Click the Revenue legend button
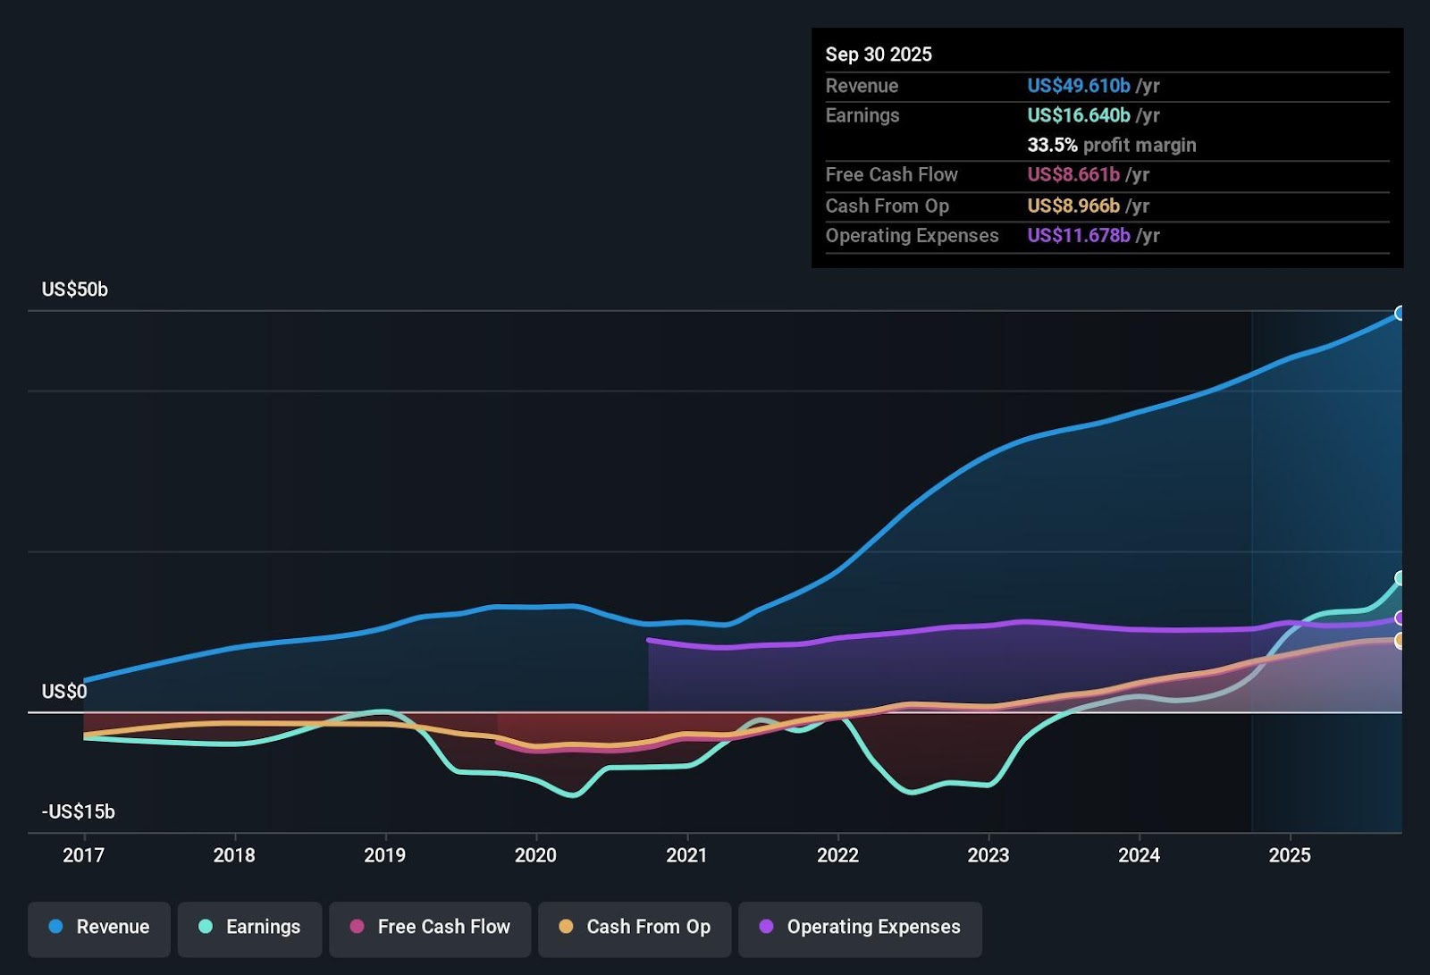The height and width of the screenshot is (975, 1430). (x=99, y=928)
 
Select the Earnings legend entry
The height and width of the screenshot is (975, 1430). (x=250, y=928)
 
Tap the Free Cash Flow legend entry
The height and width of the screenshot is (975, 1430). (x=430, y=928)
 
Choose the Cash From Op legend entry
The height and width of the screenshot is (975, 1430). (x=635, y=928)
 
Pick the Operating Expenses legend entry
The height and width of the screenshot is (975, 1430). (x=860, y=928)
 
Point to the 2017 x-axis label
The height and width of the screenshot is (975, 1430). (x=83, y=855)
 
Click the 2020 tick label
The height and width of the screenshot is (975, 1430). (x=535, y=855)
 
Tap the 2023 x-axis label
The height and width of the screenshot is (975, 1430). (x=988, y=855)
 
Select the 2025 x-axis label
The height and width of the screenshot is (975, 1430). (x=1290, y=855)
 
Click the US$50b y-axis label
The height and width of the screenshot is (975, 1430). (x=74, y=290)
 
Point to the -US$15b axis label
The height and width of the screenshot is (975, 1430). (x=78, y=811)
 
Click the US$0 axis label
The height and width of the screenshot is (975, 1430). (x=64, y=692)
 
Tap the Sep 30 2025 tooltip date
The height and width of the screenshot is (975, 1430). (x=878, y=55)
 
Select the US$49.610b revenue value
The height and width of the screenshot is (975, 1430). (x=1078, y=86)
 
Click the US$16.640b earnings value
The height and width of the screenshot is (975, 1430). (x=1078, y=115)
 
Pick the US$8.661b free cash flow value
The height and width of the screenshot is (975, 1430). (x=1072, y=175)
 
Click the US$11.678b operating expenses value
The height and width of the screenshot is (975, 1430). (x=1078, y=236)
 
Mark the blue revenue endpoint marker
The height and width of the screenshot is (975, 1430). (x=1401, y=313)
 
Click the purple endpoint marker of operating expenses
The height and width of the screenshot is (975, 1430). (x=1401, y=618)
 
